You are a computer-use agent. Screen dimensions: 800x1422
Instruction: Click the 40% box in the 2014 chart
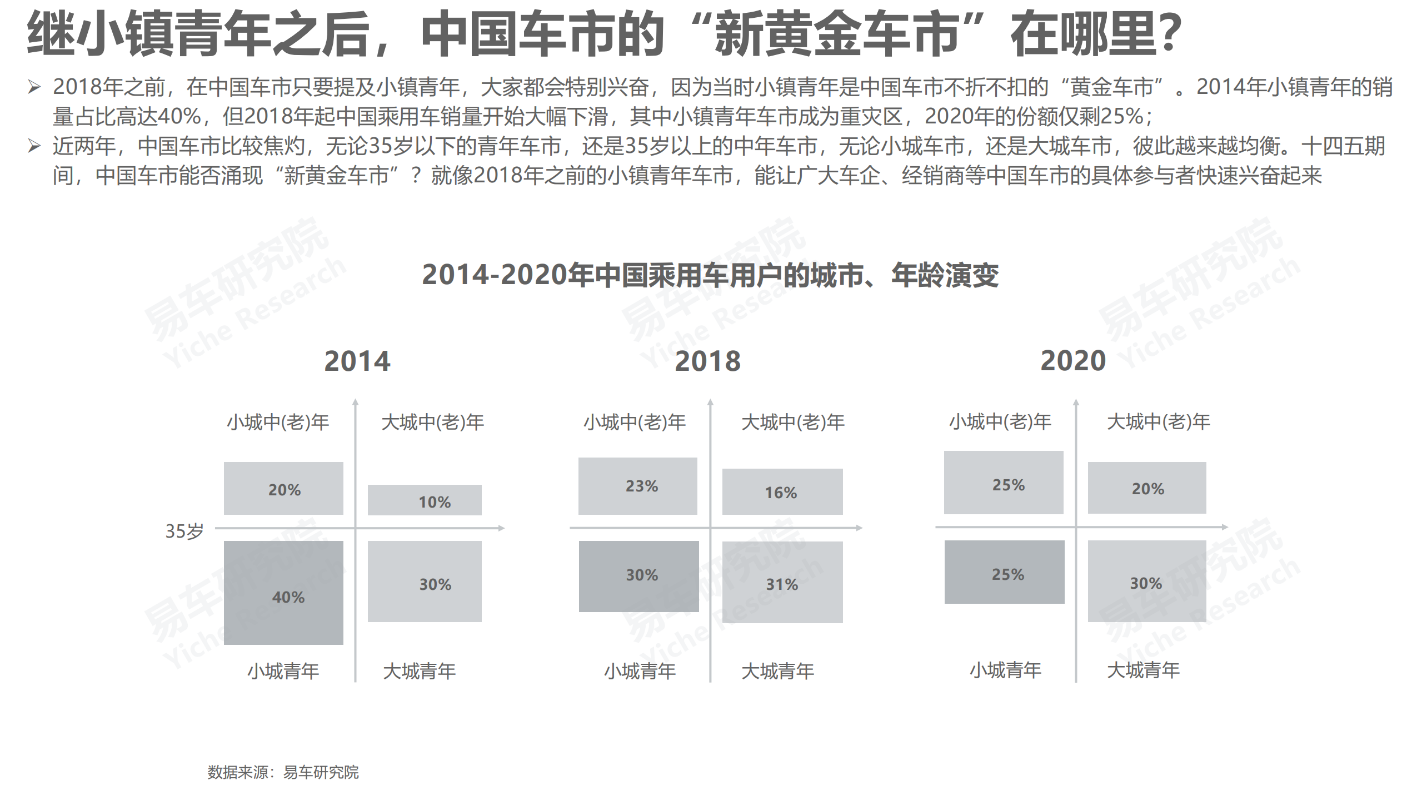[283, 593]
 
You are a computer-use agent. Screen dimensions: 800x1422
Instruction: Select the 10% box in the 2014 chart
[425, 500]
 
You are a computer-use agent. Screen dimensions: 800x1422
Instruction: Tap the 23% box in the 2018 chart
[637, 486]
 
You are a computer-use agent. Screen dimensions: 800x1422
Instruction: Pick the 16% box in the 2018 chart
[782, 491]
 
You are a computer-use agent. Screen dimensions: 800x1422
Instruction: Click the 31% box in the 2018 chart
[782, 582]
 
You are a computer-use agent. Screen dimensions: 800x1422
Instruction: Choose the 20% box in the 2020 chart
[1147, 488]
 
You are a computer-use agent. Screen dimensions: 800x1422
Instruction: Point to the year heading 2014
[357, 361]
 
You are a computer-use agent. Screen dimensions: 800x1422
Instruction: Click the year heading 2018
[707, 361]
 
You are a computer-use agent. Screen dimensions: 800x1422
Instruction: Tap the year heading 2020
[1073, 361]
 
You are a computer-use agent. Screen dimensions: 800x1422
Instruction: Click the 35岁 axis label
[184, 531]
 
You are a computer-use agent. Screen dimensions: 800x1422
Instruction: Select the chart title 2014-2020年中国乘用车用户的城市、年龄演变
[710, 275]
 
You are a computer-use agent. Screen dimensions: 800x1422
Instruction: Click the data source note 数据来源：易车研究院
[283, 772]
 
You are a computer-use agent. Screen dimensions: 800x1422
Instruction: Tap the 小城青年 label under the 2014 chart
[283, 671]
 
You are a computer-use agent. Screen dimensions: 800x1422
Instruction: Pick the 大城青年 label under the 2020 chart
[1143, 670]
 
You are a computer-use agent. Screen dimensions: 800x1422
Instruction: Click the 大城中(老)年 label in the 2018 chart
[793, 423]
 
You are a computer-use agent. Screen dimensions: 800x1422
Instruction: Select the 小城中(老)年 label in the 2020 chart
[1000, 422]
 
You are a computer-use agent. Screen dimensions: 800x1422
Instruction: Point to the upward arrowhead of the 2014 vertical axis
[356, 401]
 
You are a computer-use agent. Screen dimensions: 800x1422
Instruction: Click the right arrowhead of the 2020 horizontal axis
[1225, 526]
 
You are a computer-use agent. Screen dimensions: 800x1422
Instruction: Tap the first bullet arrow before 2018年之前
[34, 87]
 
